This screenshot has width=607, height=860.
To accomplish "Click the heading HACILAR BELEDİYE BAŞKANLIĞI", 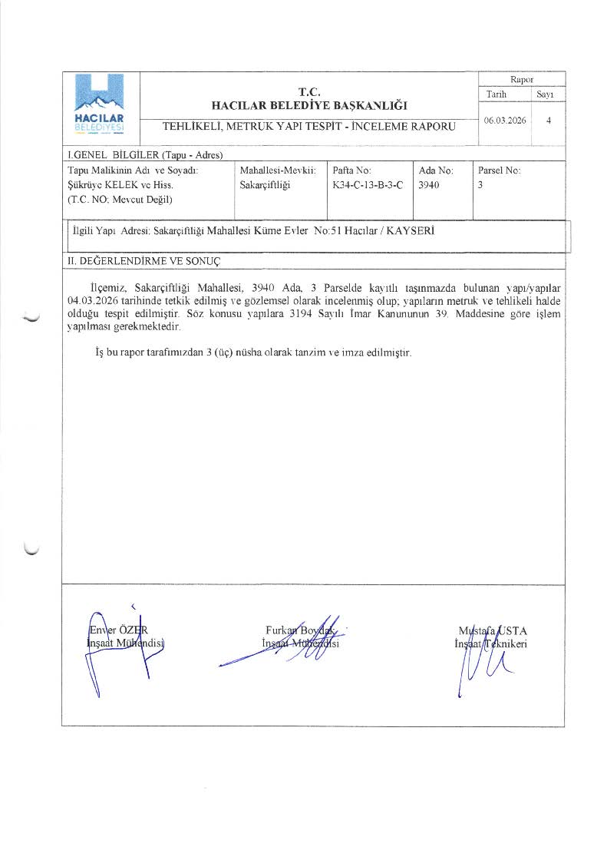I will point(308,105).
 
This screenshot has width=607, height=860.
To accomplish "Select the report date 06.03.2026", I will point(505,121).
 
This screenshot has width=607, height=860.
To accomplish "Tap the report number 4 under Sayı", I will point(548,121).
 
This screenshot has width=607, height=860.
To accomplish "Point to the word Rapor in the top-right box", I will point(522,79).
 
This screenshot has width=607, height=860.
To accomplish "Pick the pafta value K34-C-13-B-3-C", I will point(368,185).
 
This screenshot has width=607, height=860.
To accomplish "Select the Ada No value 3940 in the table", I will point(430,185).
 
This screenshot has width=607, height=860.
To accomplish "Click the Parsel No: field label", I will point(499,170).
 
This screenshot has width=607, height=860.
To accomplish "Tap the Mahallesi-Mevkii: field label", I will point(278,170).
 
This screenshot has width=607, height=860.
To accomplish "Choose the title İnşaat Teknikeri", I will point(490,643).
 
